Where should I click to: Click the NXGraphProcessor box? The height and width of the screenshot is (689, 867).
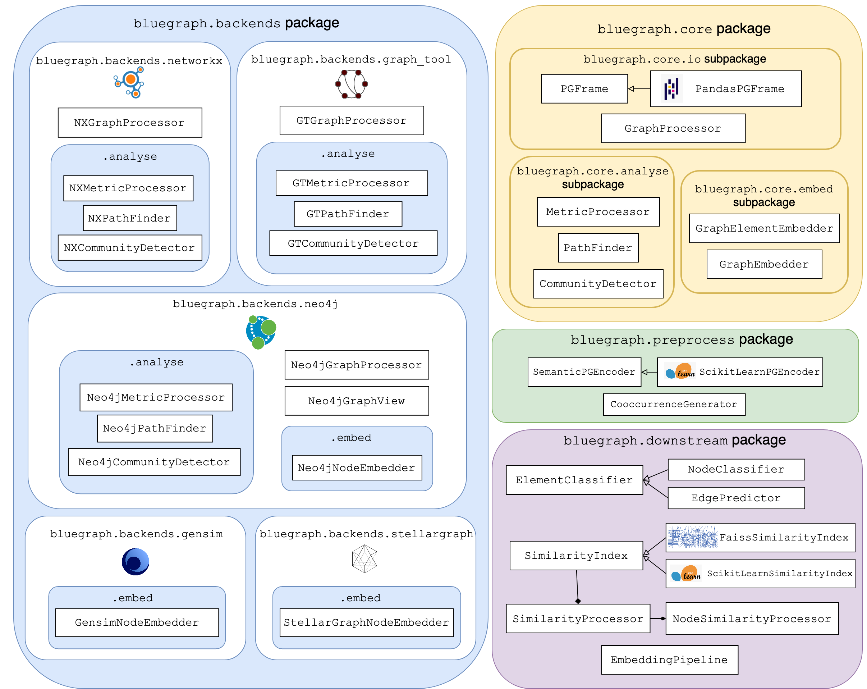coord(130,123)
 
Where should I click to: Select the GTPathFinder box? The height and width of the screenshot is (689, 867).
coord(348,214)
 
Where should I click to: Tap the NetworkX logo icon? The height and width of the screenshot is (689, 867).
coord(129,82)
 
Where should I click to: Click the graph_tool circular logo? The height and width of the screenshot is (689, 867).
coord(352,84)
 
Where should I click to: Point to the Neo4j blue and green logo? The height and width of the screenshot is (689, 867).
coord(261,332)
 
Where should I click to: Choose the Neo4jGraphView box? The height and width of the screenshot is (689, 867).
coord(357,401)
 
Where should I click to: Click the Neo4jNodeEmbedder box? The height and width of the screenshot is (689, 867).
coord(357,468)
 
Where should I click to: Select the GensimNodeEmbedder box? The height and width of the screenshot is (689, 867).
coord(137,622)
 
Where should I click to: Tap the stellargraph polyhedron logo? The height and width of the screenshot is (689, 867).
coord(364,559)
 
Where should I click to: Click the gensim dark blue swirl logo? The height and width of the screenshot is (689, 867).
coord(136,561)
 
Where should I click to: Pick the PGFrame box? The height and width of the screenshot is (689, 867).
coord(584,89)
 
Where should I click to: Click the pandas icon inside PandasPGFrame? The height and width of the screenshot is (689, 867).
coord(671,89)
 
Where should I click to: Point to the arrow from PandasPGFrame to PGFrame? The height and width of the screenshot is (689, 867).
coord(639,89)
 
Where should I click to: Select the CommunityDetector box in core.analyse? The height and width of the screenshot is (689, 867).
coord(598,284)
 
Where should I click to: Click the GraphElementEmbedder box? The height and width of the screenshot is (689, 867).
coord(764,228)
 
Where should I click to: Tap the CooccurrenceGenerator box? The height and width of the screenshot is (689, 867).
coord(674,404)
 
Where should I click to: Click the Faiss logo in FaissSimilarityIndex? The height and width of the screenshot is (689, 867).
coord(692,537)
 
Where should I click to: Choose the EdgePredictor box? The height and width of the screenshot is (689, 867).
coord(736,498)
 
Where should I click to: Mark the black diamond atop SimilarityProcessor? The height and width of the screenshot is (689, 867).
coord(578,601)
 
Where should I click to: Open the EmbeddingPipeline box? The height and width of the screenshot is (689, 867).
coord(670,660)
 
